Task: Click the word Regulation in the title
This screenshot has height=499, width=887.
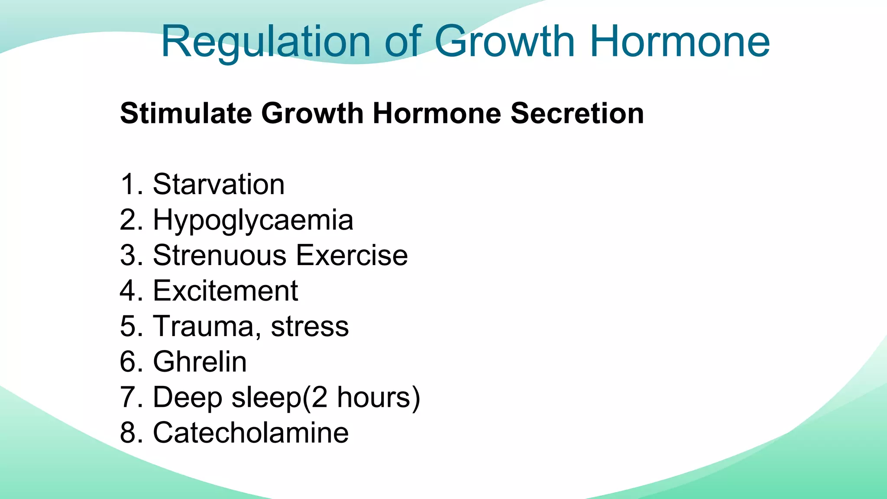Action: click(x=265, y=42)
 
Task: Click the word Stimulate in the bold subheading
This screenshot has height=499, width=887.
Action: click(x=186, y=113)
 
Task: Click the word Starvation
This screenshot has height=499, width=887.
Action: click(x=219, y=185)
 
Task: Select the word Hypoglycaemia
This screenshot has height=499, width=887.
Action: click(x=253, y=220)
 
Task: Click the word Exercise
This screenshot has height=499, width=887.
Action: click(x=352, y=255)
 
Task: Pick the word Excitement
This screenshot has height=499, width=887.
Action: click(x=225, y=291)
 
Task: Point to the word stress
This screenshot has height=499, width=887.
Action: click(x=310, y=327)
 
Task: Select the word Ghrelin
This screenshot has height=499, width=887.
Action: click(x=200, y=362)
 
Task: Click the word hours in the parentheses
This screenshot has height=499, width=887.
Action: click(x=373, y=397)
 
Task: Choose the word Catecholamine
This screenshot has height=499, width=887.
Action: click(x=251, y=433)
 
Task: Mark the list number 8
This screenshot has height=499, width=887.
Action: click(x=129, y=433)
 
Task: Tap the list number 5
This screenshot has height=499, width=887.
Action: click(x=129, y=326)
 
